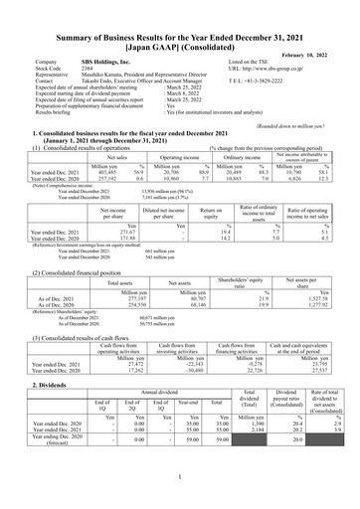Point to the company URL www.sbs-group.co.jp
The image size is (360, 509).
coord(279,68)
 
